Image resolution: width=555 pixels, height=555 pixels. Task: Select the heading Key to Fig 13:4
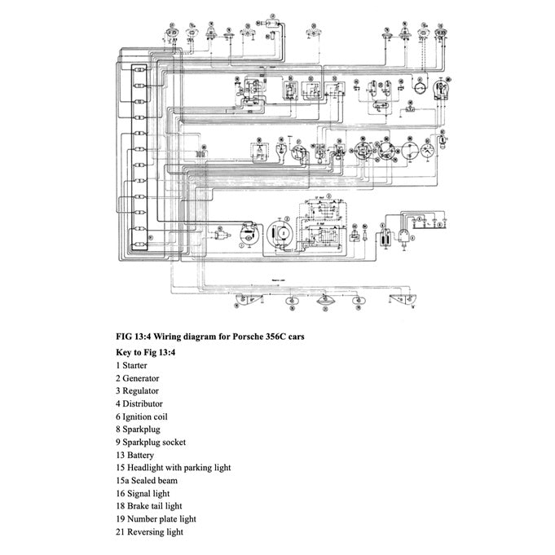pyautogui.click(x=147, y=352)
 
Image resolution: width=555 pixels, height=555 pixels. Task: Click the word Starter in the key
pyautogui.click(x=135, y=366)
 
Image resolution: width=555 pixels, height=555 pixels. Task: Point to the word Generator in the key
pyautogui.click(x=141, y=378)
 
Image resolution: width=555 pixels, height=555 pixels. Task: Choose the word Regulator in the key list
pyautogui.click(x=140, y=391)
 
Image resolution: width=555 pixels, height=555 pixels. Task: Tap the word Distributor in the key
pyautogui.click(x=143, y=403)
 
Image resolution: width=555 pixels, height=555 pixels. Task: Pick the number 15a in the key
pyautogui.click(x=123, y=481)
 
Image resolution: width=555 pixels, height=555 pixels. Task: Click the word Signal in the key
pyautogui.click(x=139, y=493)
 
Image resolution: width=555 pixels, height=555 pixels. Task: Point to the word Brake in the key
pyautogui.click(x=139, y=506)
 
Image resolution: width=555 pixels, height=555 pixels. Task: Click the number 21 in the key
pyautogui.click(x=120, y=531)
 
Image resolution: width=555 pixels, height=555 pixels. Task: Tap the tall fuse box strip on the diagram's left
pyautogui.click(x=139, y=159)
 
